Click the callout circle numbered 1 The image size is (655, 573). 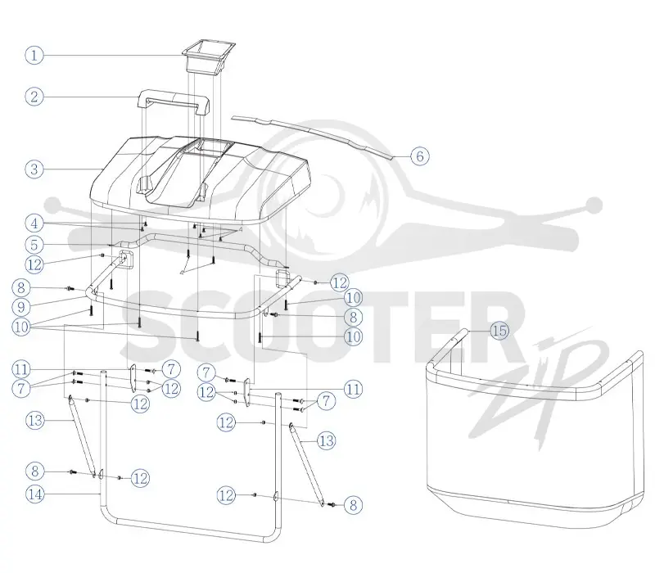point(34,55)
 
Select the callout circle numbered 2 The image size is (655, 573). point(34,97)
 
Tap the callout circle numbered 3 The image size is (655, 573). point(34,169)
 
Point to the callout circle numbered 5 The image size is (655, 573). point(34,245)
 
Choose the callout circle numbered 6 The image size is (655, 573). point(420,156)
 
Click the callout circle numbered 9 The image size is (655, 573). point(21,308)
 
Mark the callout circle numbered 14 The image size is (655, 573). point(35,494)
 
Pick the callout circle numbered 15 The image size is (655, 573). point(499,331)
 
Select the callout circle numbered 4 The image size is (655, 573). point(34,223)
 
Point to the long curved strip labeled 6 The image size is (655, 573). point(314,136)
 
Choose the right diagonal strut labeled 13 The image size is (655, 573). point(307,464)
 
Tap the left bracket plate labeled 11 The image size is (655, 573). point(132,378)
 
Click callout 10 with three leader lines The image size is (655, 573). point(21,327)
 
